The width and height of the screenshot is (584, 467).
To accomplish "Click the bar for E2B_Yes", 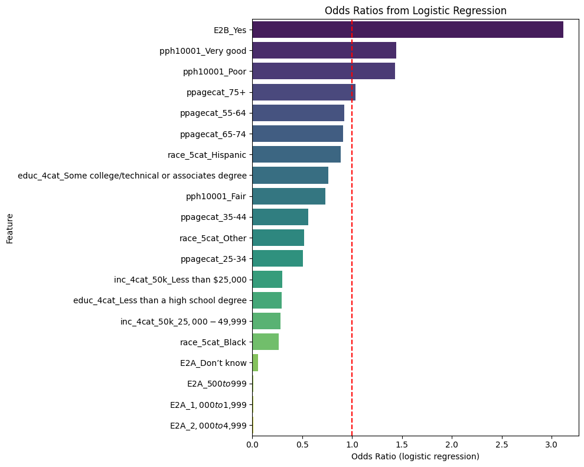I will pyautogui.click(x=407, y=30).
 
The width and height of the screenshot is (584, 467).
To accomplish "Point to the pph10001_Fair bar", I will pyautogui.click(x=289, y=196).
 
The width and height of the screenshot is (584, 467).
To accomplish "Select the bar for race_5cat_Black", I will pyautogui.click(x=266, y=342).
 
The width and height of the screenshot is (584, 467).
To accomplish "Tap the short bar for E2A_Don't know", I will pyautogui.click(x=255, y=362).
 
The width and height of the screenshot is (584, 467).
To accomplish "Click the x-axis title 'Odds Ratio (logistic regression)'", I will pyautogui.click(x=415, y=456).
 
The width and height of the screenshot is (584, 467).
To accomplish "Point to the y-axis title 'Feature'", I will pyautogui.click(x=10, y=229).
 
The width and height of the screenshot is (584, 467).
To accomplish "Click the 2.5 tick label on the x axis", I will pyautogui.click(x=501, y=443).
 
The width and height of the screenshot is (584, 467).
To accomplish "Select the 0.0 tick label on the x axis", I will pyautogui.click(x=253, y=443).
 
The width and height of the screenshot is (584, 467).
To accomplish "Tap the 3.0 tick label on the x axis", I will pyautogui.click(x=552, y=443).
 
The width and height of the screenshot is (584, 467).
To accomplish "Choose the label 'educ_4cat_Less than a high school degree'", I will pyautogui.click(x=159, y=300).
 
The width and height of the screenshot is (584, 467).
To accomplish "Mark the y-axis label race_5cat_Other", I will pyautogui.click(x=213, y=238).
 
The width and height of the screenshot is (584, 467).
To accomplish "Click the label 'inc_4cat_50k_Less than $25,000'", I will pyautogui.click(x=180, y=280).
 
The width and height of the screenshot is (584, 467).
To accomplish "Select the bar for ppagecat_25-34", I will pyautogui.click(x=278, y=258).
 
